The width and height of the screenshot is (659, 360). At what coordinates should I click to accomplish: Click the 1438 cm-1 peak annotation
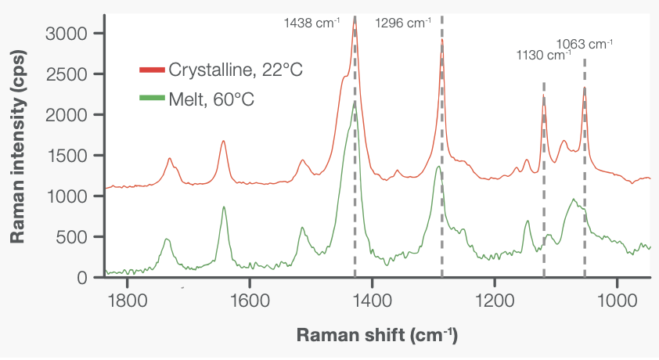[311, 23]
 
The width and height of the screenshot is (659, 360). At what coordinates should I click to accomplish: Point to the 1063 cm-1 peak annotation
[584, 44]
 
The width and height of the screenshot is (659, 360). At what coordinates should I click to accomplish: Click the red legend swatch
[153, 70]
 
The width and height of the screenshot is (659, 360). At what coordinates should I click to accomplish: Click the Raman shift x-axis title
[376, 335]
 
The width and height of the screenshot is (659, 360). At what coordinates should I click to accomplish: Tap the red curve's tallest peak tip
[355, 24]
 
